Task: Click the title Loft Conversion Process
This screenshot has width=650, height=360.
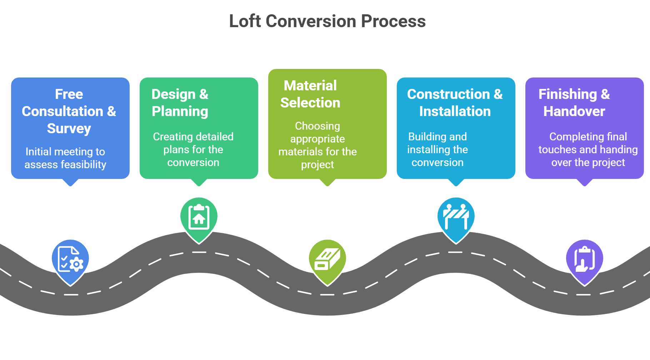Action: [x=327, y=21]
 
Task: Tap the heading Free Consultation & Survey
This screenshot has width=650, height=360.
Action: [x=69, y=111]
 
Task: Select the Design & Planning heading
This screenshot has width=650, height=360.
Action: [x=180, y=103]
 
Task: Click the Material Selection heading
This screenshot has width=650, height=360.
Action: [x=310, y=94]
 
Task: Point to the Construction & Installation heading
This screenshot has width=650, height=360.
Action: [x=455, y=103]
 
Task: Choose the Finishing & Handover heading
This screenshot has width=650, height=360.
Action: [x=574, y=103]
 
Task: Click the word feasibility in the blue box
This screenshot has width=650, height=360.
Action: [x=83, y=165]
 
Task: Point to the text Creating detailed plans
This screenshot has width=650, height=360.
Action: [x=193, y=137]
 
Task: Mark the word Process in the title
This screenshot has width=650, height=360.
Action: [x=393, y=21]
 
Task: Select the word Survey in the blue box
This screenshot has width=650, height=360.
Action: [x=69, y=129]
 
